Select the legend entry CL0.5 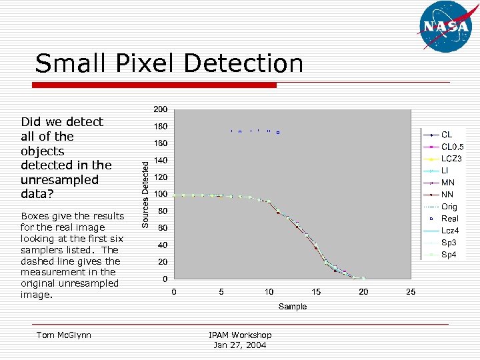click(x=453, y=147)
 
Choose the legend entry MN click(x=448, y=183)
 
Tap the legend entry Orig click(x=449, y=207)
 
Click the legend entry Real click(x=450, y=219)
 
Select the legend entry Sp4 click(x=449, y=255)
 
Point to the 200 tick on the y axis click(x=161, y=109)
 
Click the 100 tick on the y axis click(x=161, y=194)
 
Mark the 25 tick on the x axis click(x=411, y=291)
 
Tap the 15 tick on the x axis click(x=316, y=291)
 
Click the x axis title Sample click(x=293, y=307)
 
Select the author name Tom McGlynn click(x=64, y=335)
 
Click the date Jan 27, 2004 click(x=240, y=345)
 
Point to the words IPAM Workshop click(x=240, y=335)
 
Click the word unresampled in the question click(x=59, y=179)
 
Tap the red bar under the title click(x=155, y=85)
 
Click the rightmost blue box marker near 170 click(x=278, y=133)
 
